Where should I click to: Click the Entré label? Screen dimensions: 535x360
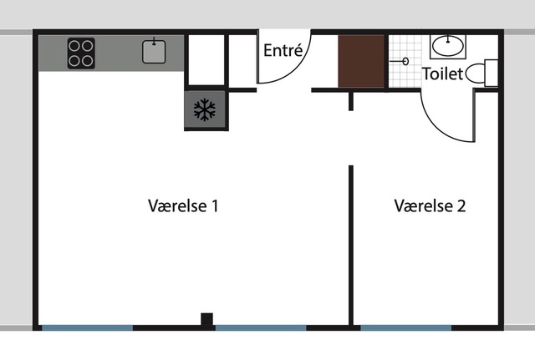click(283, 50)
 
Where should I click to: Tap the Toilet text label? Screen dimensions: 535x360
click(442, 74)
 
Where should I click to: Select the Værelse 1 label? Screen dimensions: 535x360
click(183, 205)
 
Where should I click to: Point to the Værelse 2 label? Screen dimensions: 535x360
click(430, 205)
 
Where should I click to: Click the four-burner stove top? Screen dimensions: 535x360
click(81, 53)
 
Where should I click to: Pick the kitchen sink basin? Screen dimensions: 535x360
click(154, 52)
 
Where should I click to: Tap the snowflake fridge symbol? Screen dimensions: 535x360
click(204, 109)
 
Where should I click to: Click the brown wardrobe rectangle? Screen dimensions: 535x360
click(361, 61)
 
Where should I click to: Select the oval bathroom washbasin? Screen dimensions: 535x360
click(448, 45)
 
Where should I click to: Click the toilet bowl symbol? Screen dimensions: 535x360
click(475, 74)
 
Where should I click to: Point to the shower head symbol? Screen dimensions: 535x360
click(400, 61)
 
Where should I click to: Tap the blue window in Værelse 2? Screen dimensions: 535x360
click(406, 328)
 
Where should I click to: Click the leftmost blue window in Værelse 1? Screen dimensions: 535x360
click(87, 328)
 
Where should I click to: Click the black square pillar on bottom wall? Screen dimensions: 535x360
click(206, 319)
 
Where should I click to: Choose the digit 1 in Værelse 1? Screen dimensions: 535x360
click(215, 206)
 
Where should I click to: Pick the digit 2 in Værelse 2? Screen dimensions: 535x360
click(461, 206)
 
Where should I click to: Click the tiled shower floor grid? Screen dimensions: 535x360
click(405, 61)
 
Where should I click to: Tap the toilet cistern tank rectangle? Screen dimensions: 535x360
click(492, 73)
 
